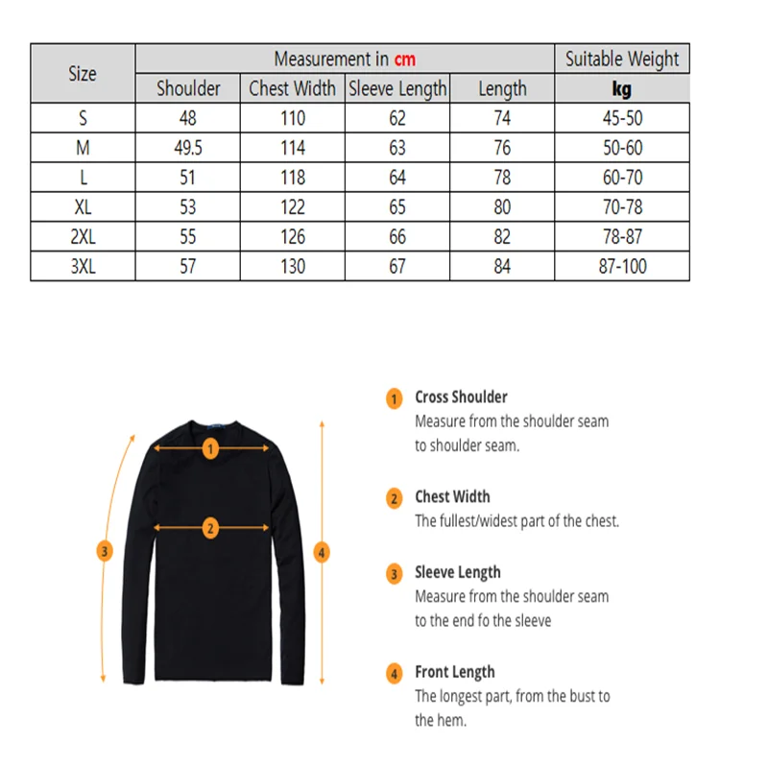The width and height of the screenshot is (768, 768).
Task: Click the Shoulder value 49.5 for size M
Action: pyautogui.click(x=188, y=148)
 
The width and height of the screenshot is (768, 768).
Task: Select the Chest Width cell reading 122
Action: pyautogui.click(x=293, y=207)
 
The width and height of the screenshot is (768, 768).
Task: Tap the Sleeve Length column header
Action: pyautogui.click(x=397, y=89)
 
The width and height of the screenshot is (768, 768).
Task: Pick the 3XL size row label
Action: pyautogui.click(x=83, y=267)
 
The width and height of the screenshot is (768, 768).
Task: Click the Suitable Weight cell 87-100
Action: pyautogui.click(x=622, y=267)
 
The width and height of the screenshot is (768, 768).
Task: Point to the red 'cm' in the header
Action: pyautogui.click(x=405, y=60)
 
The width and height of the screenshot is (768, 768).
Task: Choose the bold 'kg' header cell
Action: pyautogui.click(x=622, y=89)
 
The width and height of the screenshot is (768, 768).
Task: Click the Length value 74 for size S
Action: pyautogui.click(x=502, y=118)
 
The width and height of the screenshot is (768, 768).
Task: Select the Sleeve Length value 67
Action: pyautogui.click(x=397, y=267)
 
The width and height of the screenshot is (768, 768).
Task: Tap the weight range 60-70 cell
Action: pyautogui.click(x=622, y=178)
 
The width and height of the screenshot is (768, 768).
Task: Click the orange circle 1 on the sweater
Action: pyautogui.click(x=211, y=447)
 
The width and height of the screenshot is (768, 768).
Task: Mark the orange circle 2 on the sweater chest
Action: pyautogui.click(x=211, y=526)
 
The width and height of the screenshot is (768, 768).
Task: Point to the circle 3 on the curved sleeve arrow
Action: pyautogui.click(x=106, y=551)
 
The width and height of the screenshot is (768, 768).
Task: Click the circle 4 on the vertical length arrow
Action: pyautogui.click(x=323, y=552)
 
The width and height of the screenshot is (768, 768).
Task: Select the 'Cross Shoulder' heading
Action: pyautogui.click(x=461, y=396)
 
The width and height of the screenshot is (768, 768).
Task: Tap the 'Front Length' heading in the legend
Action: pyautogui.click(x=455, y=672)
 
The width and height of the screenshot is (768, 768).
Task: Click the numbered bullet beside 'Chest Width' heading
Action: pyautogui.click(x=394, y=498)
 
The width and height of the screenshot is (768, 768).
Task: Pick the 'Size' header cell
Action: pyautogui.click(x=83, y=74)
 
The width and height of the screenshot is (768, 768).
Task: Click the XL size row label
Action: pyautogui.click(x=83, y=207)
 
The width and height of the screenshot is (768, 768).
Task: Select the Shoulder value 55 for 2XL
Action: pyautogui.click(x=188, y=237)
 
